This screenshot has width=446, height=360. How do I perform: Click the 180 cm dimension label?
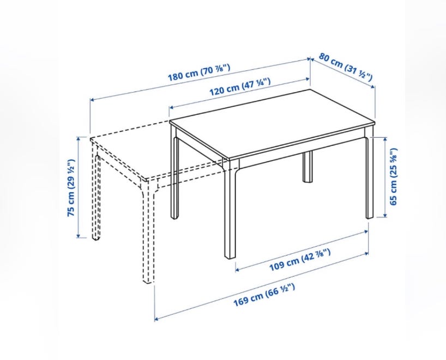(198, 72)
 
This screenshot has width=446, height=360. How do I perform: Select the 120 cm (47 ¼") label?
(240, 87)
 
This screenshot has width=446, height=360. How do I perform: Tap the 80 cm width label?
(345, 67)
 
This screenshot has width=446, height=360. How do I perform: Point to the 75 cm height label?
(71, 188)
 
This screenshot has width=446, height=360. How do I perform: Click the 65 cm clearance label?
(393, 177)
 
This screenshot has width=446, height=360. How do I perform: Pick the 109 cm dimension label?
(300, 259)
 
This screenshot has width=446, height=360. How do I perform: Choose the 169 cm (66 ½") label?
(264, 295)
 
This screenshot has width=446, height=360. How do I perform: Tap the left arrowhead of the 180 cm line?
(93, 100)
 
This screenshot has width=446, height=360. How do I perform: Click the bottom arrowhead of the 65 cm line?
(385, 215)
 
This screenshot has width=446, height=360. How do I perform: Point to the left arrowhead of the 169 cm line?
(156, 319)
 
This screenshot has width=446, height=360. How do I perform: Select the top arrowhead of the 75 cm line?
(79, 139)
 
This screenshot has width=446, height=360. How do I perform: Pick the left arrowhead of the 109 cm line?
(238, 270)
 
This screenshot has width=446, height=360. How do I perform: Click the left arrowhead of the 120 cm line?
(172, 107)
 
